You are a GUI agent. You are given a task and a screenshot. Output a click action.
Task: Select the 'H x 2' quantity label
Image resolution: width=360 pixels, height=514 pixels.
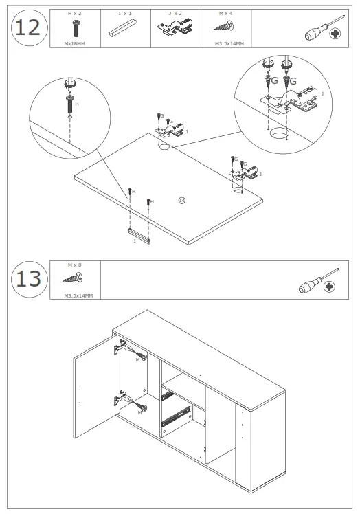75,14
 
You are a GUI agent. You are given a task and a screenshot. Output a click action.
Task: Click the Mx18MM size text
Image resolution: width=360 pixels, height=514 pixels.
75,43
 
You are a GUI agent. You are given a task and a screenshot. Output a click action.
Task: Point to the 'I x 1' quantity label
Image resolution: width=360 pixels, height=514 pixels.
125,14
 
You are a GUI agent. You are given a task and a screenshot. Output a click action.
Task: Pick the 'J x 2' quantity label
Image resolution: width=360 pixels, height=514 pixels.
175,14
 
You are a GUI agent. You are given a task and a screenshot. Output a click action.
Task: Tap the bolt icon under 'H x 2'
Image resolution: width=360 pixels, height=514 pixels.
75,28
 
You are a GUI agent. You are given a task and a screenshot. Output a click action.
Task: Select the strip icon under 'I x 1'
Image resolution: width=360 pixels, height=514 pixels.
125,30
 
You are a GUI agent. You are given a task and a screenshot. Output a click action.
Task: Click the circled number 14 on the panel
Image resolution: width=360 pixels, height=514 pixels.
181,200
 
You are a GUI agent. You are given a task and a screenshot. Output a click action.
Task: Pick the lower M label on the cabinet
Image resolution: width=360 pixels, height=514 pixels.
139,412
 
